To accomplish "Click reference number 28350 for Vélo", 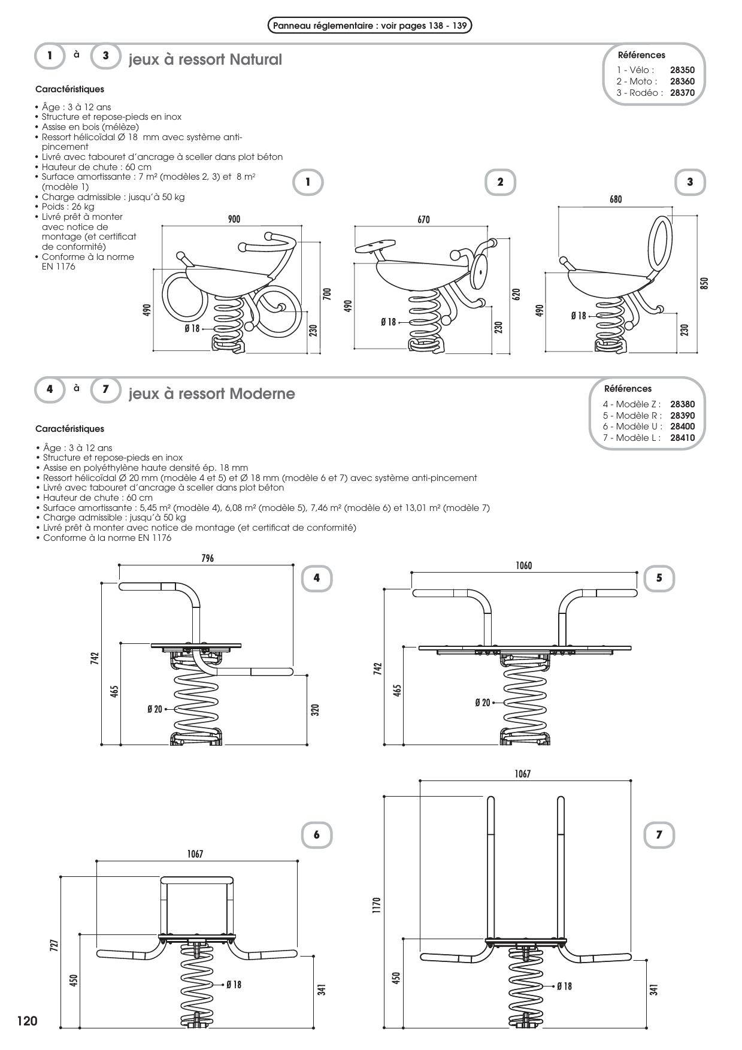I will (x=682, y=70).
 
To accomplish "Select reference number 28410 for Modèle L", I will (x=682, y=438).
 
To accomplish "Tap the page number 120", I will (x=27, y=1021).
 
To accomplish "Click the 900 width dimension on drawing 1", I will (x=234, y=219).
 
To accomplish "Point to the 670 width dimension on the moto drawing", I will (x=423, y=220).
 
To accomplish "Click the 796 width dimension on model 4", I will (x=207, y=558).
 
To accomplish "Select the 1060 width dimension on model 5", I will (x=523, y=565).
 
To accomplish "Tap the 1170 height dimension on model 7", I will (x=376, y=903).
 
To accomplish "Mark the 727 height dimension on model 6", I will (x=54, y=946).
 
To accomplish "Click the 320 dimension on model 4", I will (x=315, y=710).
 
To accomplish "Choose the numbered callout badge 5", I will (x=659, y=578).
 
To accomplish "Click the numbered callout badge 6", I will (x=316, y=835).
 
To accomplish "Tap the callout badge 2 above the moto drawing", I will (x=500, y=182).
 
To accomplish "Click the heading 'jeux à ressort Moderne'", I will (x=211, y=394).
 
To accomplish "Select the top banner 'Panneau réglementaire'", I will (x=370, y=26).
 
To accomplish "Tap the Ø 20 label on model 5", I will (x=482, y=703).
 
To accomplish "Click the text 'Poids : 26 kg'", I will (x=68, y=207).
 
